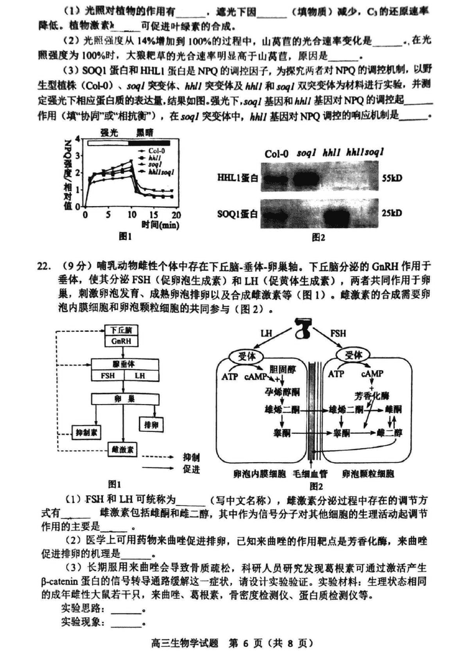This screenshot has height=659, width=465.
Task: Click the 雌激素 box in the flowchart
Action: coord(122,449)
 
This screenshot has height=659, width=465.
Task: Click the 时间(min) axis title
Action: coord(160,224)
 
